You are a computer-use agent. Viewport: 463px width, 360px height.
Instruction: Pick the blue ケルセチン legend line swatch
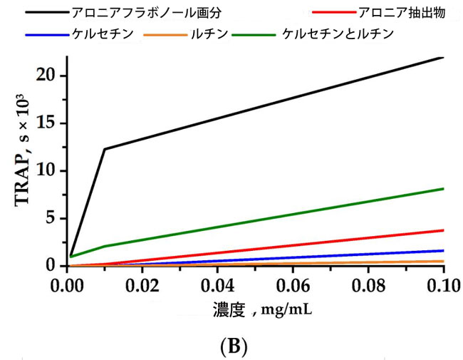(x=44, y=34)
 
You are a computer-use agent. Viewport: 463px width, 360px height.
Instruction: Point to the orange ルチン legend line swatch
(x=165, y=34)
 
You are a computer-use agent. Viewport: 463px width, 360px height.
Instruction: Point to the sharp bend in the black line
(x=105, y=148)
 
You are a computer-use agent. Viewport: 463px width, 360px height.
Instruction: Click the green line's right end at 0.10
(x=443, y=188)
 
